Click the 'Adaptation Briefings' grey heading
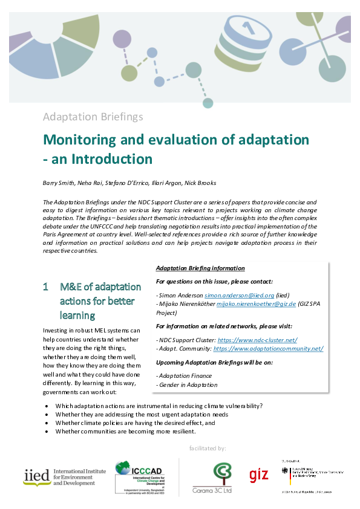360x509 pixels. pyautogui.click(x=93, y=116)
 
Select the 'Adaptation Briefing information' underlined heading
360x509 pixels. pyautogui.click(x=200, y=268)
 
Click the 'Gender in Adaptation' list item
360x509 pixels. pyautogui.click(x=187, y=384)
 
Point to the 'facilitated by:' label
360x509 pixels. pyautogui.click(x=208, y=448)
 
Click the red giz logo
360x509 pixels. pyautogui.click(x=258, y=475)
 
